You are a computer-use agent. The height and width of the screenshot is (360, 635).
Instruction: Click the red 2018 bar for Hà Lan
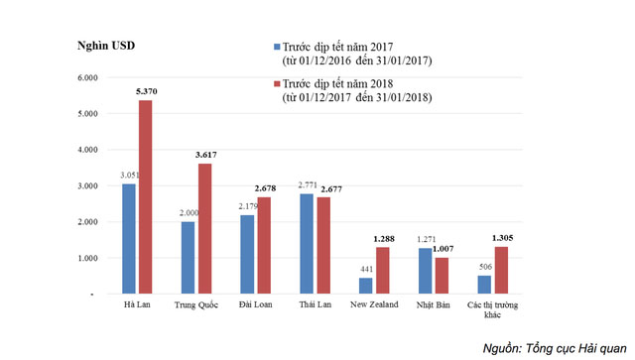[x=145, y=197]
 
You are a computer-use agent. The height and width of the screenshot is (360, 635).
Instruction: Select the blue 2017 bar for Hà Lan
[x=129, y=239]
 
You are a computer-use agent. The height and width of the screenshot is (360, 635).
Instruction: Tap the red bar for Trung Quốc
[x=204, y=229]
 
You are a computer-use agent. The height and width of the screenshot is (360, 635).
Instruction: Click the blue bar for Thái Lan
[x=306, y=244]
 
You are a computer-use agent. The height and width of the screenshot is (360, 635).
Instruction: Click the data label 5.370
[x=145, y=91]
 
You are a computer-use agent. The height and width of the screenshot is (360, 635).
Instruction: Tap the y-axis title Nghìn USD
[x=105, y=47]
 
